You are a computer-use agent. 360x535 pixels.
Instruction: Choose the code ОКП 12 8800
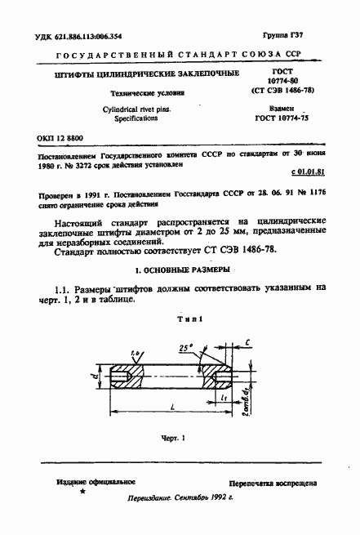[x=59, y=139]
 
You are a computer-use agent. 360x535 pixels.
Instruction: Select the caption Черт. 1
[x=173, y=439]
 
